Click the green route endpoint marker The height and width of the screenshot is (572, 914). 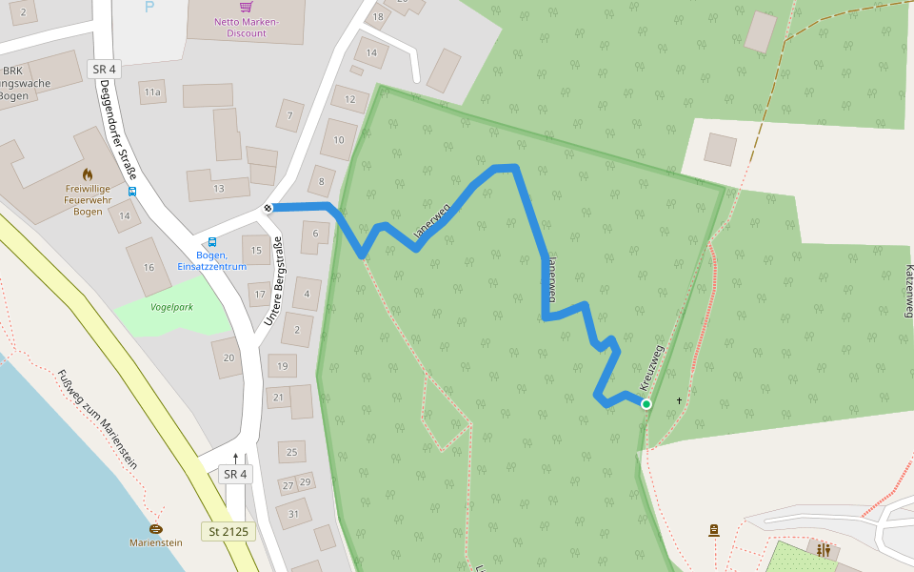click(x=646, y=404)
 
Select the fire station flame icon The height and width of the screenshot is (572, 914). click(x=88, y=174)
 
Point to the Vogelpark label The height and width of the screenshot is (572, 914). click(x=171, y=307)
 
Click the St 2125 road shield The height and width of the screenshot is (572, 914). click(x=229, y=531)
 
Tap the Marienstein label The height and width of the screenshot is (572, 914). click(x=156, y=542)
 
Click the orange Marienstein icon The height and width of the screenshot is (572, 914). click(x=156, y=528)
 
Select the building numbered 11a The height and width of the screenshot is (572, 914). click(x=152, y=92)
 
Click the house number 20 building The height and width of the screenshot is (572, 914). click(x=228, y=358)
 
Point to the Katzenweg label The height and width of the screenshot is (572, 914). click(x=908, y=291)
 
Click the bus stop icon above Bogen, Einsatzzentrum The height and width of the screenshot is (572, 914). click(x=211, y=242)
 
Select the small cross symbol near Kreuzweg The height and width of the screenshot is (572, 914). click(x=679, y=400)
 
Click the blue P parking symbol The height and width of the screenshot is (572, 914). click(x=149, y=7)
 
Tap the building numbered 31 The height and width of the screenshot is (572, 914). click(x=293, y=515)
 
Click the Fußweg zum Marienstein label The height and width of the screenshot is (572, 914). click(x=96, y=419)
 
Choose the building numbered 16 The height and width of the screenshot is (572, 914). click(x=149, y=268)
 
